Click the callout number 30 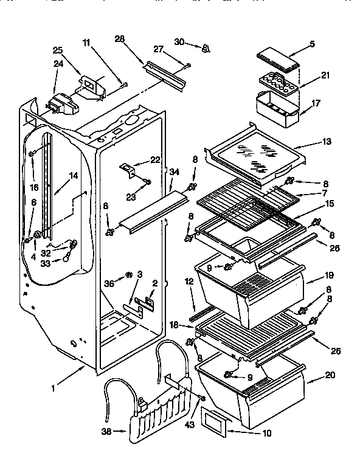pos(178,42)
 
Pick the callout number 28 pos(119,39)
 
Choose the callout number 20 pos(329,376)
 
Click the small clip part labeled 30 pos(206,47)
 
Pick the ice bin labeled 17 pos(278,108)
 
